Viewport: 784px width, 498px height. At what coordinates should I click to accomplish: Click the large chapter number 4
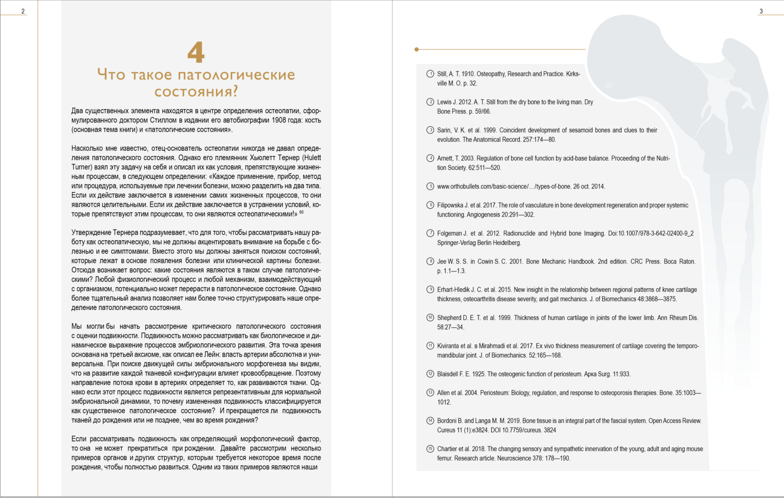coord(196,53)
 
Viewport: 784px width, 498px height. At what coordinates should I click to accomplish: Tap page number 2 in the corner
coord(22,11)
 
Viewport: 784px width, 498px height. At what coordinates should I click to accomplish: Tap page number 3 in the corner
coord(761,11)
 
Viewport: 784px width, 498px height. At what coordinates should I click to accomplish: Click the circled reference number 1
coord(430,74)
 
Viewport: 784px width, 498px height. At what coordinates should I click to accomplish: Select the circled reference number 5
coord(430,186)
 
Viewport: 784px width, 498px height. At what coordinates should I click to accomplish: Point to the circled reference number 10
coord(430,318)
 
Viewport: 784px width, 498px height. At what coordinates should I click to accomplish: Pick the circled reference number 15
coord(430,449)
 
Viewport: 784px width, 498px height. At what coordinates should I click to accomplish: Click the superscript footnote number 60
coord(302,212)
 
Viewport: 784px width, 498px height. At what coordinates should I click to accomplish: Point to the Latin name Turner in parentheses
coord(82,167)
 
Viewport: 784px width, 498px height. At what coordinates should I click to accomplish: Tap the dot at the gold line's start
coord(417,50)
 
